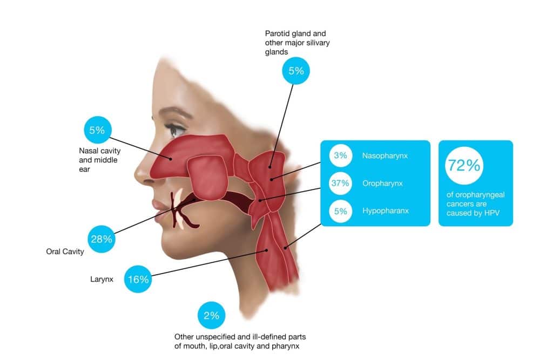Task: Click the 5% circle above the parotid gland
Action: (x=296, y=70)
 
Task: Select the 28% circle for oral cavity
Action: (x=101, y=239)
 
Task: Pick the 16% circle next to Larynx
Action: (x=138, y=279)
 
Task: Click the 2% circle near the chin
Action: (x=211, y=316)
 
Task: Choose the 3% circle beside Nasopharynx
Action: (x=340, y=156)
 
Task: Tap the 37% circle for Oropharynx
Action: (x=340, y=183)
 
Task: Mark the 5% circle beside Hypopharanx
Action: (x=340, y=210)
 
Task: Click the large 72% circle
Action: (x=463, y=166)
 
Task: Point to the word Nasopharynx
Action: (x=385, y=156)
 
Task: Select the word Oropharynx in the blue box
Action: (x=382, y=184)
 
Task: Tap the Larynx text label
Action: (x=102, y=280)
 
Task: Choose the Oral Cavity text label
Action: (x=65, y=252)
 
